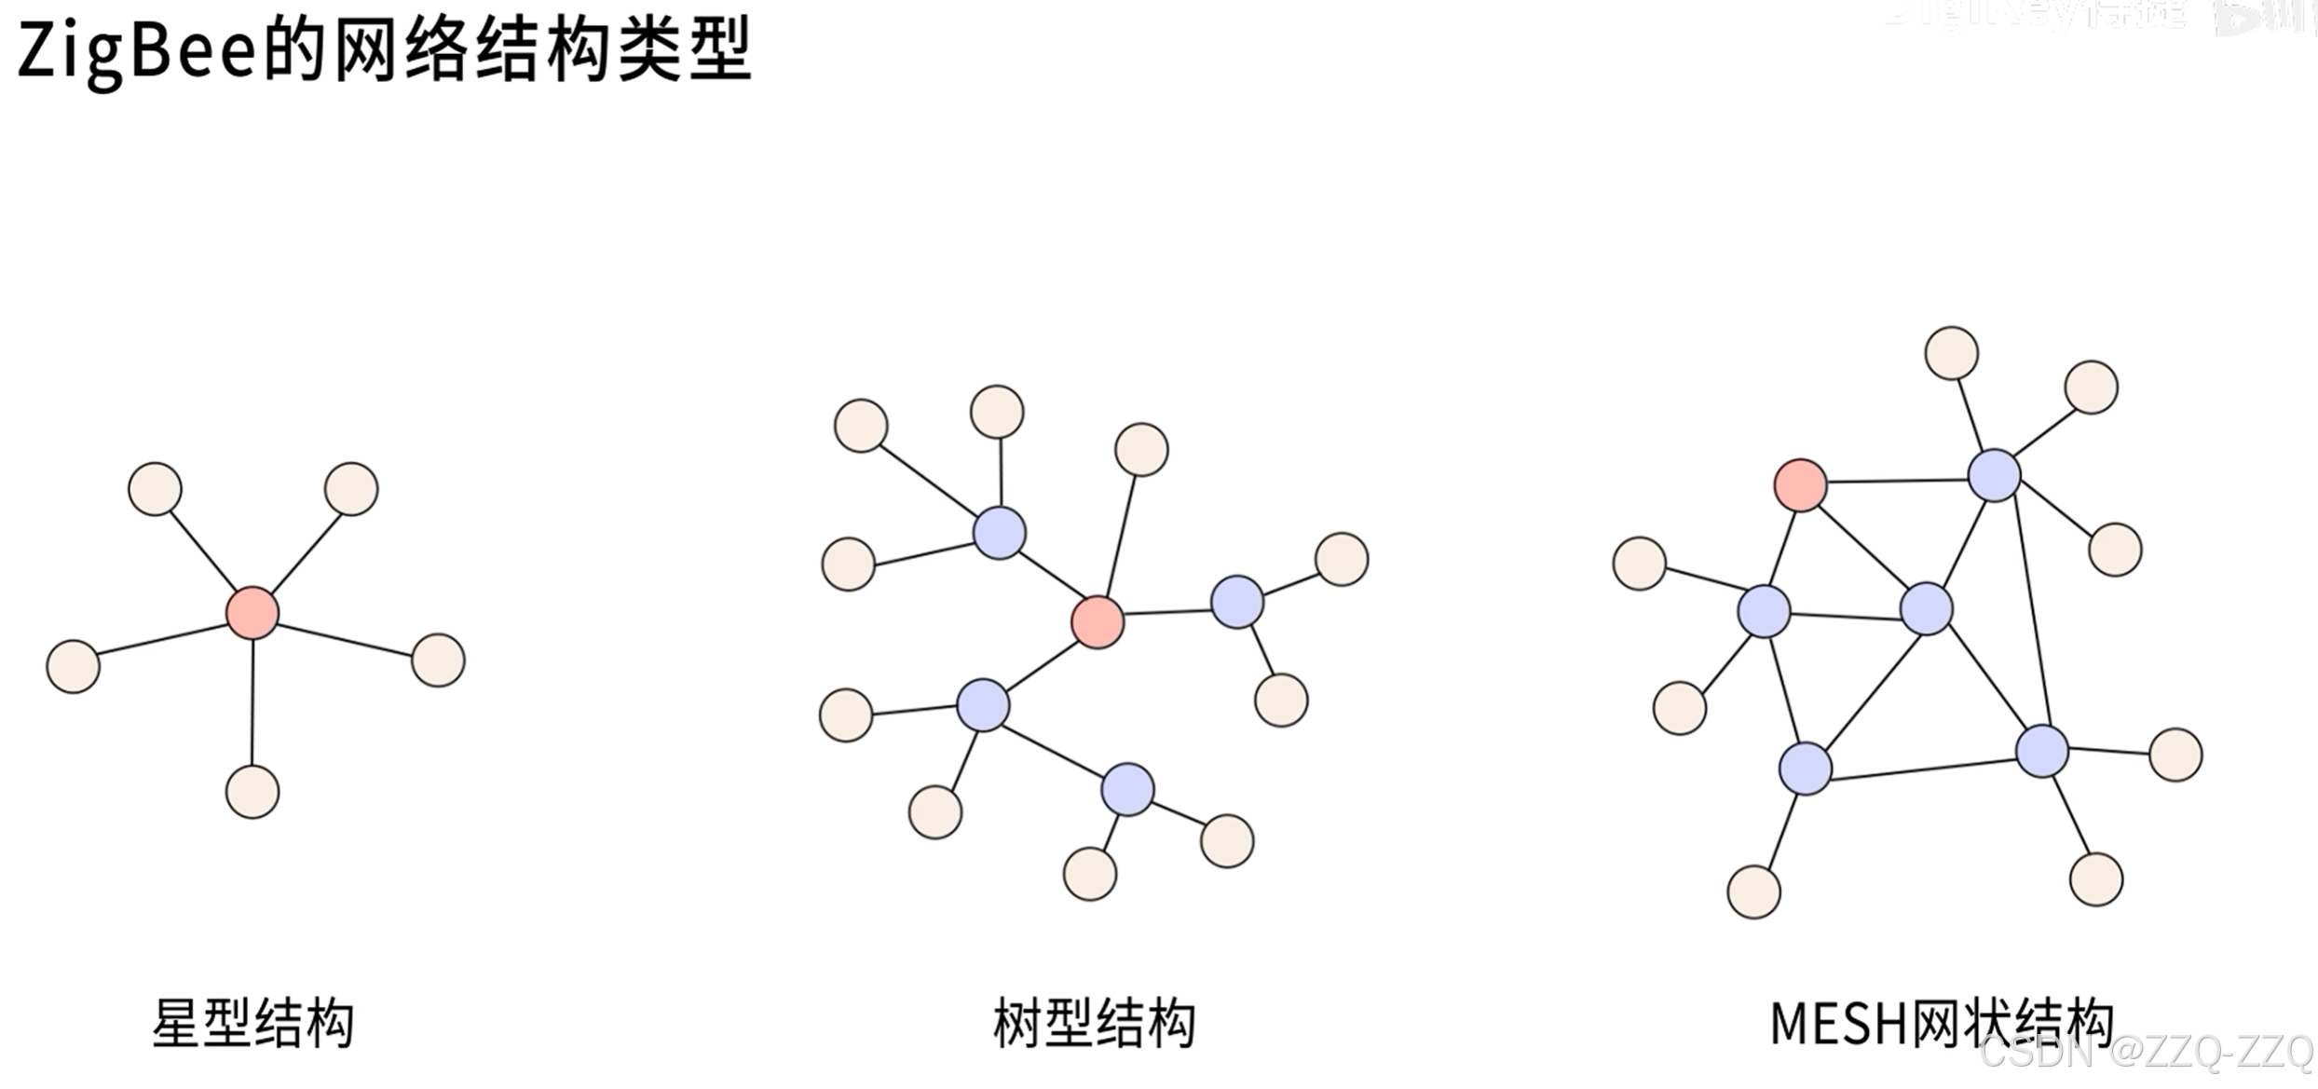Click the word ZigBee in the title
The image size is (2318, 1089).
(x=136, y=51)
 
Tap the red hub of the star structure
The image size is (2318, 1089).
(x=252, y=613)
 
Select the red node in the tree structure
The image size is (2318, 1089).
(x=1098, y=622)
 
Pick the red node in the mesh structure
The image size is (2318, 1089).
(x=1800, y=485)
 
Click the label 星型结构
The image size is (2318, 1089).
(x=252, y=1024)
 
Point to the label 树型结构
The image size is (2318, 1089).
(x=1094, y=1024)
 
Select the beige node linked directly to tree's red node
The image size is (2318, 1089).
(x=1141, y=450)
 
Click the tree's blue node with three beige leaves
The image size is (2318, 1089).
(x=999, y=533)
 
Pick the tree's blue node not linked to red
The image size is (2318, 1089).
(x=1127, y=790)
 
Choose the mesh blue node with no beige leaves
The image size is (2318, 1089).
(x=1926, y=609)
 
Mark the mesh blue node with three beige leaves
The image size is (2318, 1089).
(x=1994, y=475)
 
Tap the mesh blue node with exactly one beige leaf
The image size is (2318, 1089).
(x=1806, y=769)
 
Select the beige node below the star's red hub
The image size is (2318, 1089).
(x=252, y=793)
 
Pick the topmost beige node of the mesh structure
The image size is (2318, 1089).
(x=1951, y=353)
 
